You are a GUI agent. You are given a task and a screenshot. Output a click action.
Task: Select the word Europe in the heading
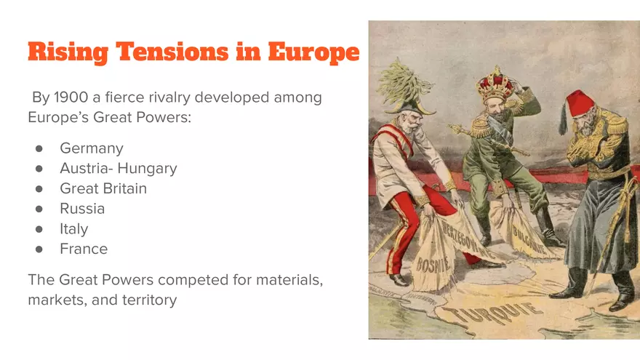(x=313, y=52)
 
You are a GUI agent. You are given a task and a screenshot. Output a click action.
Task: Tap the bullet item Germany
(x=91, y=148)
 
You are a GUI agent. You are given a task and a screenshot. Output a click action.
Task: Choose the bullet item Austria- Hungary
(x=118, y=169)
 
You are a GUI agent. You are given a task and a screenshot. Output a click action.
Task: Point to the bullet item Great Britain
(x=103, y=188)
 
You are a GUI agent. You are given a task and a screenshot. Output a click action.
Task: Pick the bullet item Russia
(x=82, y=209)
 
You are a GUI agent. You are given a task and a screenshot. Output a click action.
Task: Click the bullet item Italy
(x=73, y=229)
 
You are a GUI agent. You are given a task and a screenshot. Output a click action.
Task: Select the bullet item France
(x=83, y=249)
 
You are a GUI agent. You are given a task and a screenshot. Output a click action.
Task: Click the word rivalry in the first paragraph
(x=172, y=97)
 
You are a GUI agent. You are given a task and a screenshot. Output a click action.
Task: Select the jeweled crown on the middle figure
(x=494, y=84)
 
